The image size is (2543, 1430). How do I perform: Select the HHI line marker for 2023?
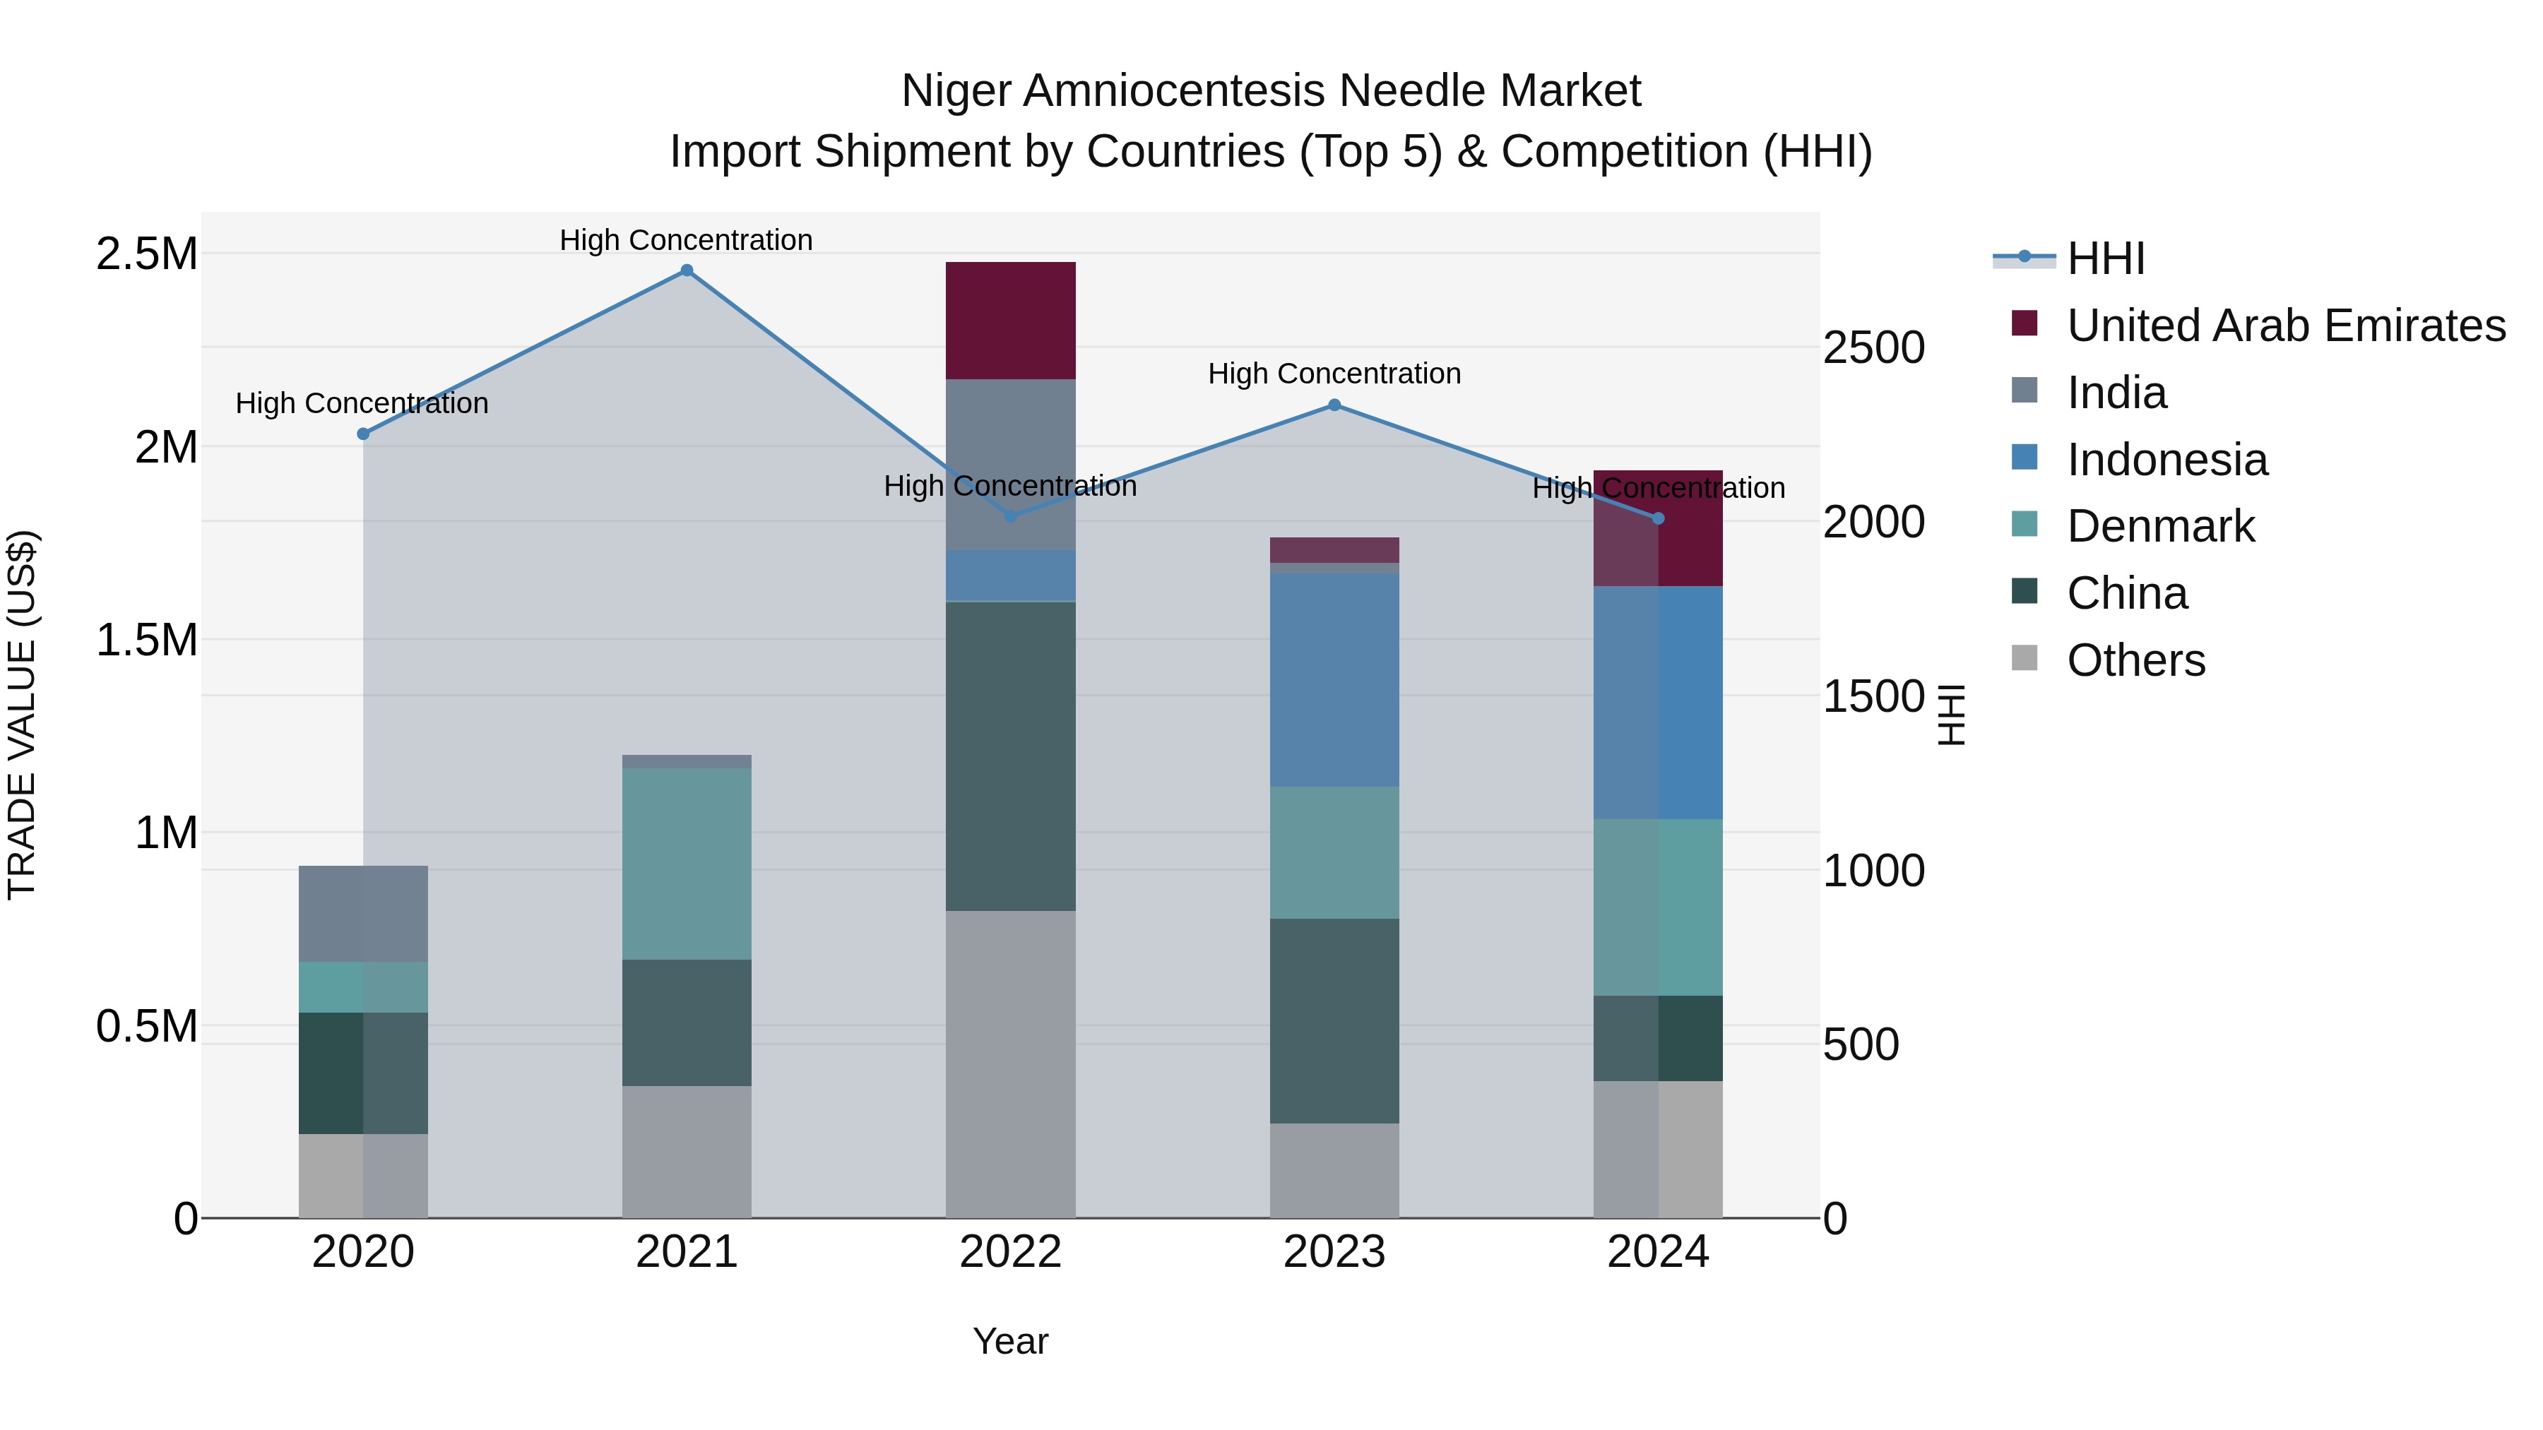pyautogui.click(x=1334, y=405)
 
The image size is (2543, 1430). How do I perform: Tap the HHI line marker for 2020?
pyautogui.click(x=363, y=434)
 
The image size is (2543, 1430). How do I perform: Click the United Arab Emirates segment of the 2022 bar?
pyautogui.click(x=1010, y=321)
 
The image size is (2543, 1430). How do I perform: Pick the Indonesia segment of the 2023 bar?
pyautogui.click(x=1334, y=680)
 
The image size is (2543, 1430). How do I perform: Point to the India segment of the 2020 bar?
pyautogui.click(x=363, y=914)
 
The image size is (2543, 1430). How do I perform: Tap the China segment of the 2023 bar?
pyautogui.click(x=1334, y=1020)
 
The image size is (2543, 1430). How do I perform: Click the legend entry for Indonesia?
pyautogui.click(x=2167, y=460)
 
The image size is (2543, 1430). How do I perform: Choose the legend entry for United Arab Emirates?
pyautogui.click(x=2285, y=326)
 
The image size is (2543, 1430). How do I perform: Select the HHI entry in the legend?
pyautogui.click(x=2105, y=258)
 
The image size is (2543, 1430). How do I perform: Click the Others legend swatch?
pyautogui.click(x=2025, y=658)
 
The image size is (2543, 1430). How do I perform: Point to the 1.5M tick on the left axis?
pyautogui.click(x=146, y=640)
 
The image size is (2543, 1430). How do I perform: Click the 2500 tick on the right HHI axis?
pyautogui.click(x=1873, y=348)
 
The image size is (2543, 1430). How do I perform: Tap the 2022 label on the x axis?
pyautogui.click(x=1010, y=1252)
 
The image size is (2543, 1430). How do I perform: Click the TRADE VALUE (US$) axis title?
pyautogui.click(x=22, y=715)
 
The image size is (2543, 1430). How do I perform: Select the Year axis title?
pyautogui.click(x=1010, y=1341)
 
